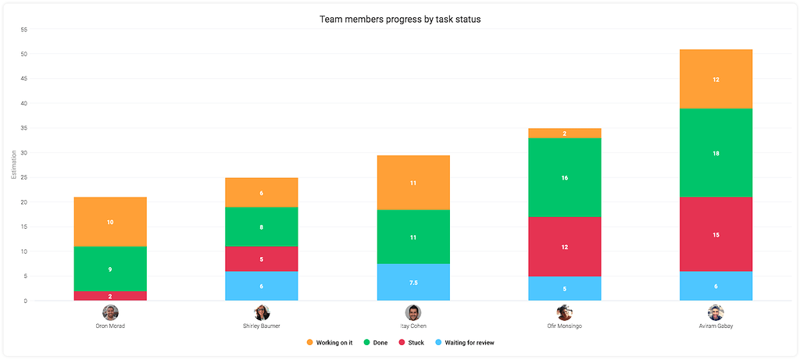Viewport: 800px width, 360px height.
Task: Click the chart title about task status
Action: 400,19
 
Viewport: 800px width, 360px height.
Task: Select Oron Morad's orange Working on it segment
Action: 110,222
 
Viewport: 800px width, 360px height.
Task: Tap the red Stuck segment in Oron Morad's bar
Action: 110,296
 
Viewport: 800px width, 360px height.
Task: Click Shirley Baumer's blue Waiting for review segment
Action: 262,286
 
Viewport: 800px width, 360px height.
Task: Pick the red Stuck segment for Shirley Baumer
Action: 262,259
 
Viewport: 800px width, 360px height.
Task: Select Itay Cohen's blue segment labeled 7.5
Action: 413,282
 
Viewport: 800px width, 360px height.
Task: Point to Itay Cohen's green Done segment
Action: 413,237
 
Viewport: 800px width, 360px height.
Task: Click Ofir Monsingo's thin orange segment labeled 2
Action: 564,134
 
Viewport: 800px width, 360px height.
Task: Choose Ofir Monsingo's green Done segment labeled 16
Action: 564,177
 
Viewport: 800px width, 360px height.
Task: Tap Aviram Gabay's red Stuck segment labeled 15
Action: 716,233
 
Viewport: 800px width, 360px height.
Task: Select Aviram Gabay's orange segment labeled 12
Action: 716,79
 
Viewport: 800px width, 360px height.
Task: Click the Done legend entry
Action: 377,343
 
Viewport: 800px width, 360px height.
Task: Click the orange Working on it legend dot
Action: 309,343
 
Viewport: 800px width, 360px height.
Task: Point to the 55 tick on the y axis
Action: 23,30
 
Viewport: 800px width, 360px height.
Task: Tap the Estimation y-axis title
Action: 13,166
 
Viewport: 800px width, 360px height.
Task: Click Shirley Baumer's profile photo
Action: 262,312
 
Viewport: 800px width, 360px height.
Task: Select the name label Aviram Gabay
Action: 716,326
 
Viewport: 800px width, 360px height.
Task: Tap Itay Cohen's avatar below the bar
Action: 413,312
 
